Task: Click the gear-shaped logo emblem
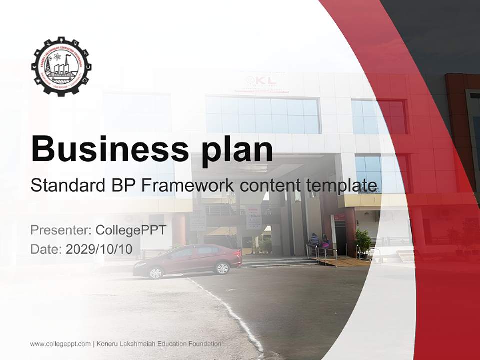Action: point(62,66)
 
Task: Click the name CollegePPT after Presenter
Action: point(130,230)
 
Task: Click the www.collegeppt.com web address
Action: point(60,344)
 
